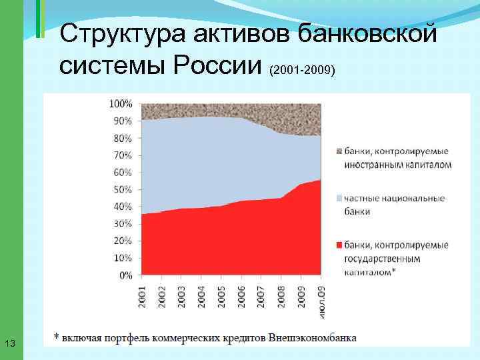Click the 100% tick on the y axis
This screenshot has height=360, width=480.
coord(121,104)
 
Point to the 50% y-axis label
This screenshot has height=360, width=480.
coord(123,189)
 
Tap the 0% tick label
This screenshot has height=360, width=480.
coord(126,275)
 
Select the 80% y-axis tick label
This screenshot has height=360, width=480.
coord(123,138)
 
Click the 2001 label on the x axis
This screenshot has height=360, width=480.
coord(143,294)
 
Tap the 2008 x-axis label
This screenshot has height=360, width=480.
coord(281,294)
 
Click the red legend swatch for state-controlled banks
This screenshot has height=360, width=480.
coord(339,245)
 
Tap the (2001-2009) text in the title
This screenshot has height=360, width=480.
coord(302,69)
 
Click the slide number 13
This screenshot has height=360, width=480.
coord(9,343)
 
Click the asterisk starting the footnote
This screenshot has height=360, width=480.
coord(57,336)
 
